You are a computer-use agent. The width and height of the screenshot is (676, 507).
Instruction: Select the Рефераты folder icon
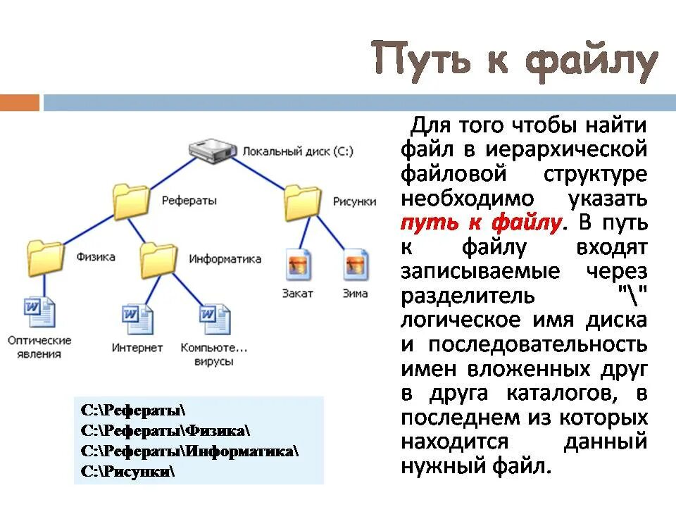pos(132,201)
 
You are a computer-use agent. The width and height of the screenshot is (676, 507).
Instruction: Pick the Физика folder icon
pos(46,258)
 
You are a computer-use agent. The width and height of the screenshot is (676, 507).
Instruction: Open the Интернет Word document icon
pos(137,320)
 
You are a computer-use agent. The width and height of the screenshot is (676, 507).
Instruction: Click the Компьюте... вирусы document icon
pos(214,320)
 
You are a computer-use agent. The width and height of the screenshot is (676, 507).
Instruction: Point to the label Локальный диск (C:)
pos(298,151)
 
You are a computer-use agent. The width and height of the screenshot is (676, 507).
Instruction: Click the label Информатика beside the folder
pos(225,259)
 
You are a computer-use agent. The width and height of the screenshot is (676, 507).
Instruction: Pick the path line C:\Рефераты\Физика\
pos(165,430)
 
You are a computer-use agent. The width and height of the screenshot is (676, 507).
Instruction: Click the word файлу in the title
pos(591,61)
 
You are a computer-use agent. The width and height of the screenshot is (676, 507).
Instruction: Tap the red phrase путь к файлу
pos(482,223)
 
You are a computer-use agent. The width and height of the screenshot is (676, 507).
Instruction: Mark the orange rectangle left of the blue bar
pos(20,103)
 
